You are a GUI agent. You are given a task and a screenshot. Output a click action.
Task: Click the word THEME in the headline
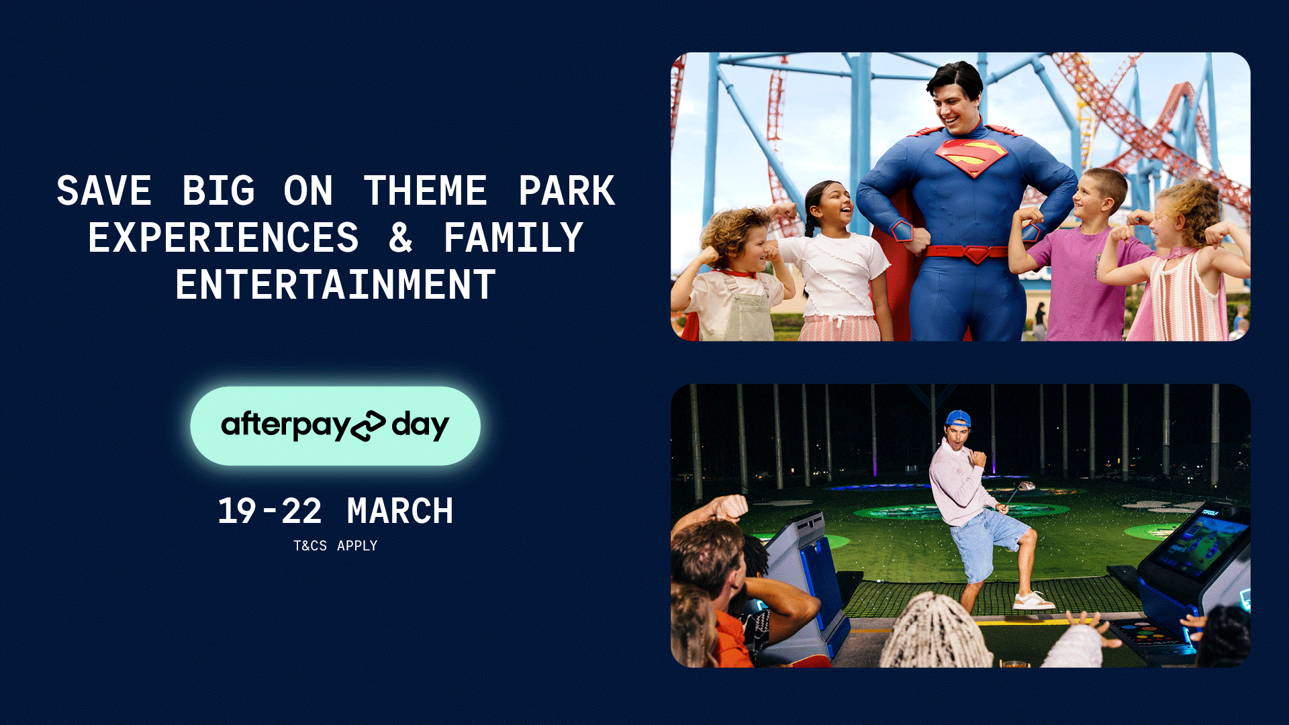[x=425, y=191]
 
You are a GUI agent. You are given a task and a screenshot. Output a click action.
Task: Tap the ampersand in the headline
[x=401, y=238]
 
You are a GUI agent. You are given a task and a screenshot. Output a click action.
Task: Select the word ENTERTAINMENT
[x=336, y=285]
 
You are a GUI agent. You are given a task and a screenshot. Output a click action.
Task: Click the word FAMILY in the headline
[x=513, y=238]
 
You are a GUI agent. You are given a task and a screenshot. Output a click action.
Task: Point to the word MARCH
[x=400, y=512]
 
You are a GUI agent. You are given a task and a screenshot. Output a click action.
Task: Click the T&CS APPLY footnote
[x=336, y=546]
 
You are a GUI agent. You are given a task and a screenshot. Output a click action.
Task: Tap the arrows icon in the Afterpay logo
[x=369, y=426]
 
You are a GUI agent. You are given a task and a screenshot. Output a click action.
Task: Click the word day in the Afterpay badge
[x=420, y=426]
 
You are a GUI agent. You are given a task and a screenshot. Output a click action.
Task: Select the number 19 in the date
[x=237, y=512]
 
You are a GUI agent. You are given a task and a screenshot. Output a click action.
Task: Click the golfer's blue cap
[x=958, y=420]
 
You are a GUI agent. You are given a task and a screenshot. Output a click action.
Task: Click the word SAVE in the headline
[x=104, y=191]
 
